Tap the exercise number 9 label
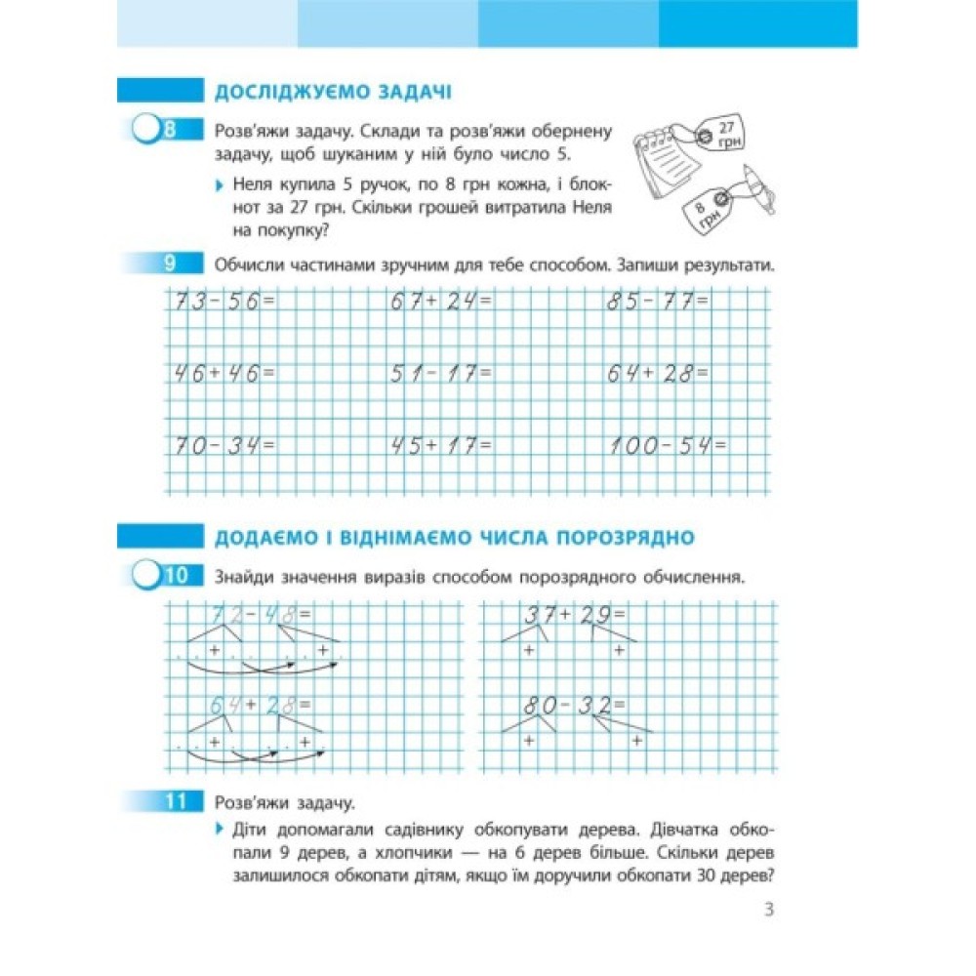pos(169,264)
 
